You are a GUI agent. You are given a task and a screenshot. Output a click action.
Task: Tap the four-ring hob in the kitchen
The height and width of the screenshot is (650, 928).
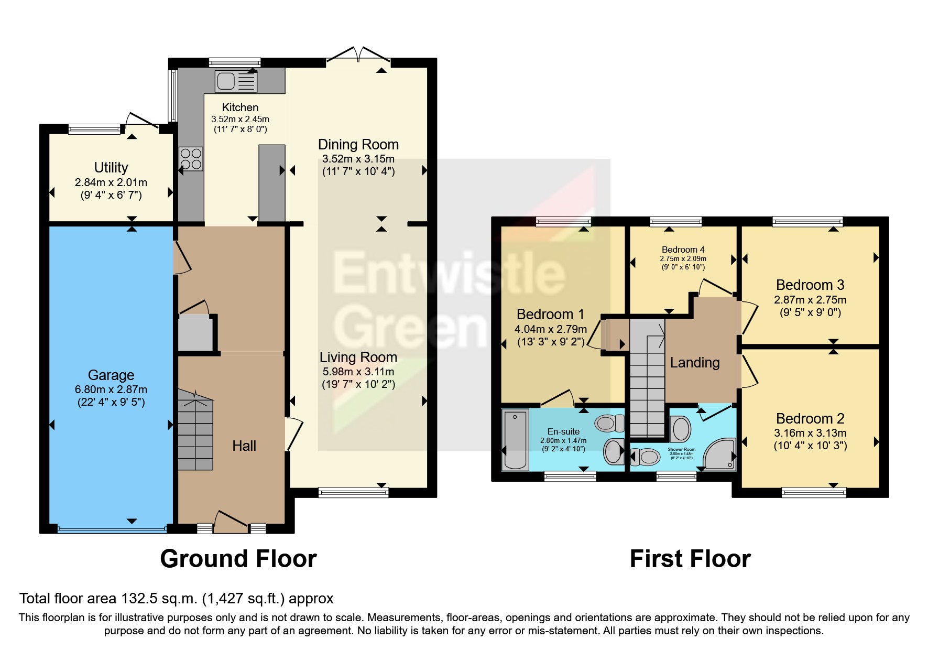191,159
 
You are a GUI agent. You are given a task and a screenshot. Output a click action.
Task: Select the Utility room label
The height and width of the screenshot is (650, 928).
111,168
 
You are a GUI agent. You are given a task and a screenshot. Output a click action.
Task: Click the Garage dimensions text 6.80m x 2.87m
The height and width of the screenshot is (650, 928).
111,389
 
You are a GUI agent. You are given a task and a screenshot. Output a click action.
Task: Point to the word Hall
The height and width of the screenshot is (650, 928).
244,446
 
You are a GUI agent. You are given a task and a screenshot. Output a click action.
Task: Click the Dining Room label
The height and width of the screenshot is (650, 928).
358,145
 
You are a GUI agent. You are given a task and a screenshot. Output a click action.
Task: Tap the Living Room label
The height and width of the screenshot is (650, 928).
358,357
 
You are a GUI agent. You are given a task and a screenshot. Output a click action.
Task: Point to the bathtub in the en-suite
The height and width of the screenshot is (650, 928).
515,440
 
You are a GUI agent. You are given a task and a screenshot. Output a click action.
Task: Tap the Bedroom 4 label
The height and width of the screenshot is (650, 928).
683,250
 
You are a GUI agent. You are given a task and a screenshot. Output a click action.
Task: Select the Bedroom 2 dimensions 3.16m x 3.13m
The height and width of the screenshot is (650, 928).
810,433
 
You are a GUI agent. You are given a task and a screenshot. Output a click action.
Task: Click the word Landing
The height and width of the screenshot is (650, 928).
695,363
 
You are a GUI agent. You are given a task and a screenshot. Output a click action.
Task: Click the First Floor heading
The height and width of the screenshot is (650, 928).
690,559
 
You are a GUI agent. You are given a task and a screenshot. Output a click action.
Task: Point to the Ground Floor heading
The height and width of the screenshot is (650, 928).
238,559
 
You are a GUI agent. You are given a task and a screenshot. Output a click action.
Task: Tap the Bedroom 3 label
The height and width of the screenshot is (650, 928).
810,285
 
